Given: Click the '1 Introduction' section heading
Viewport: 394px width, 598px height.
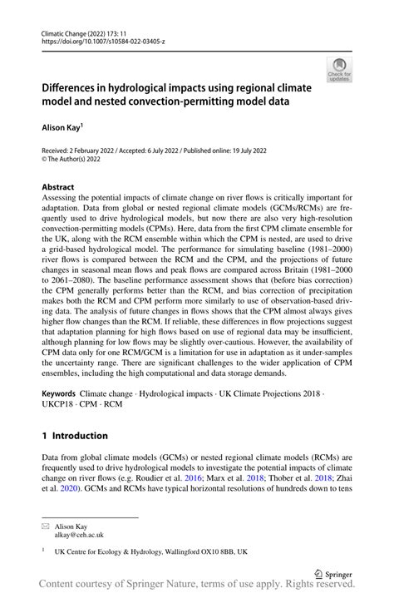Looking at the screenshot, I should click(x=75, y=435).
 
